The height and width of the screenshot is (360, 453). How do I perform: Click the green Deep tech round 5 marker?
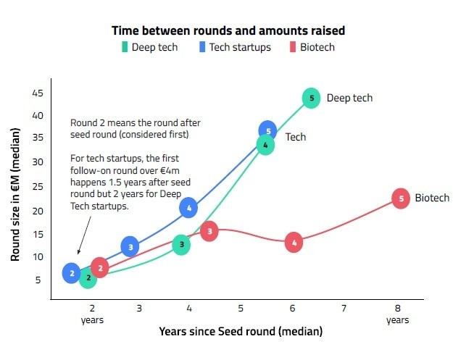click(311, 98)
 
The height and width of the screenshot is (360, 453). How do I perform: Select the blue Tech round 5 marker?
click(267, 131)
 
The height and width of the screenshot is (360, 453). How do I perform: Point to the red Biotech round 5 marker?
click(400, 198)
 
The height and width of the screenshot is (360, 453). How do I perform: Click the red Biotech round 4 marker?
click(294, 242)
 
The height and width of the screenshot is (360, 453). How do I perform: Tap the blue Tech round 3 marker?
click(130, 247)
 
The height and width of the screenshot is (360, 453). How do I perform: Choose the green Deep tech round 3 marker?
click(181, 245)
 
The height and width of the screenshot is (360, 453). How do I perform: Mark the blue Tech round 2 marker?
click(71, 273)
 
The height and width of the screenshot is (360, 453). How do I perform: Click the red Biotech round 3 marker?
click(209, 232)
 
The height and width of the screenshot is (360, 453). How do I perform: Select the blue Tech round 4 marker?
click(188, 208)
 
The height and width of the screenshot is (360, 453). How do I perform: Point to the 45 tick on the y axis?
click(38, 93)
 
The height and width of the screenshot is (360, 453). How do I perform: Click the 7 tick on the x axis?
click(344, 308)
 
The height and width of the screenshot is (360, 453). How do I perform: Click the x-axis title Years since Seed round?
click(240, 331)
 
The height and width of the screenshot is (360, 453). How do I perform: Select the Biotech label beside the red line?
click(432, 198)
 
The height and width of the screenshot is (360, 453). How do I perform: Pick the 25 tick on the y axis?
click(38, 185)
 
